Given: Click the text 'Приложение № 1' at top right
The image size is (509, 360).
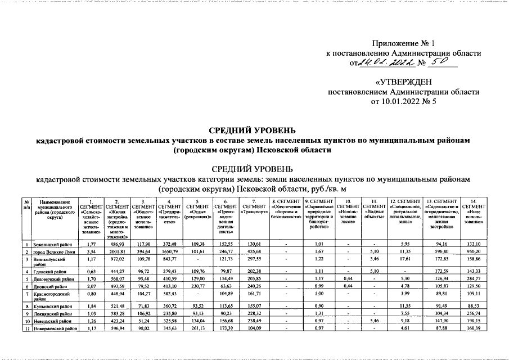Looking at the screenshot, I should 403,43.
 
